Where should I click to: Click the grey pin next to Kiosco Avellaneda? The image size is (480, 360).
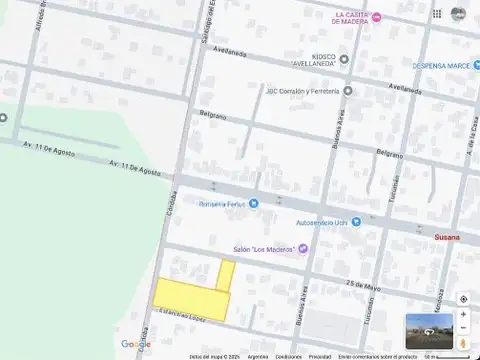[344, 58]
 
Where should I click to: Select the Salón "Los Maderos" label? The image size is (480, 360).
[263, 249]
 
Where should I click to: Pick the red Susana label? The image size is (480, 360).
[447, 237]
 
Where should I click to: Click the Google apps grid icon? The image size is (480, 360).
[437, 13]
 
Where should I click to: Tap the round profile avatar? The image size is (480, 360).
[458, 13]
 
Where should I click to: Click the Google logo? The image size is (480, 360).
[135, 344]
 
